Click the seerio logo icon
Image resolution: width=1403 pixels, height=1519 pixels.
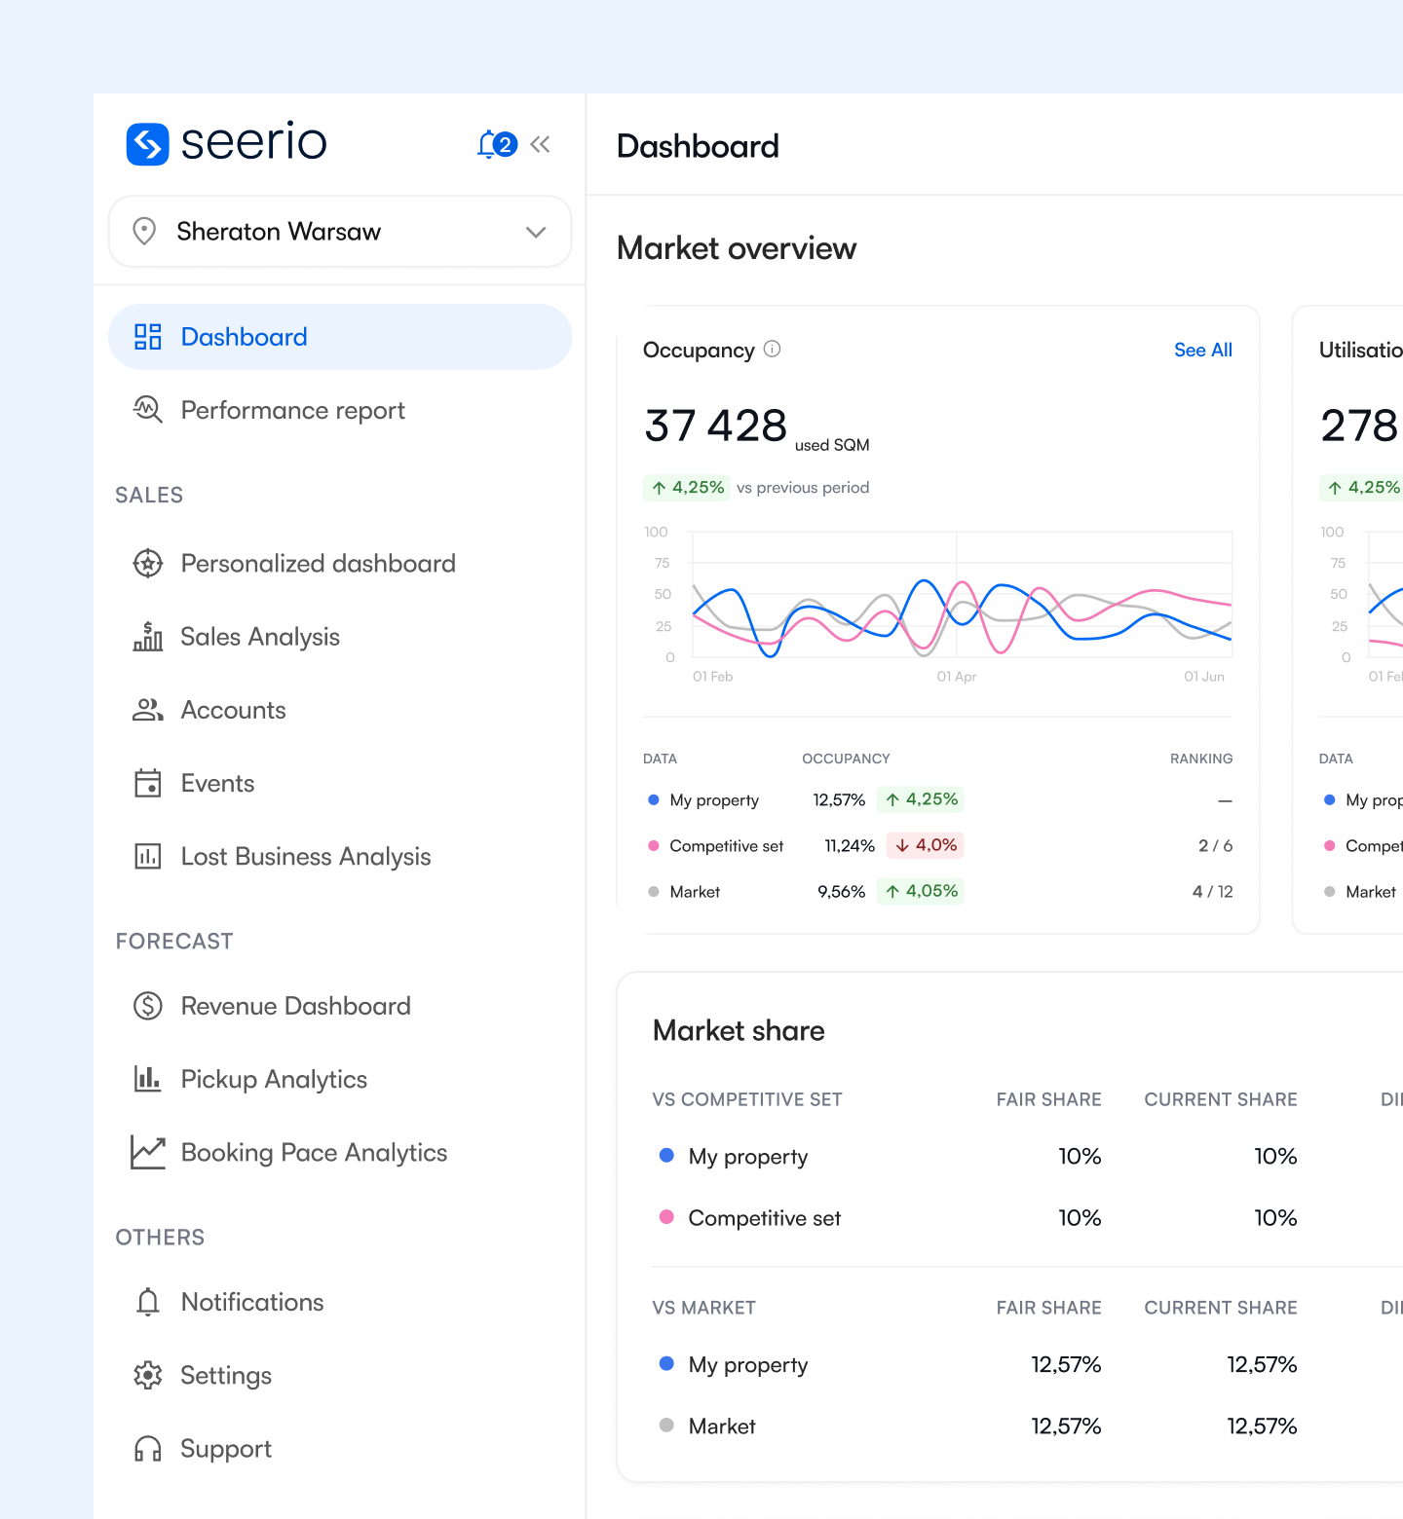coord(148,144)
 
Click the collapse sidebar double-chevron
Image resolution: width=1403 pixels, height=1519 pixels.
coord(541,145)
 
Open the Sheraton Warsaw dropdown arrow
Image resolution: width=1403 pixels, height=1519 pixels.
coord(536,232)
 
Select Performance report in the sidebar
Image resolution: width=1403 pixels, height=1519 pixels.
coord(292,410)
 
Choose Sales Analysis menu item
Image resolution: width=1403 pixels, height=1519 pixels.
coord(260,637)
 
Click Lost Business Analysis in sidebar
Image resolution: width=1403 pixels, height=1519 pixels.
coord(306,857)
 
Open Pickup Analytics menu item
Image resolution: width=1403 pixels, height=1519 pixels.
coord(274,1079)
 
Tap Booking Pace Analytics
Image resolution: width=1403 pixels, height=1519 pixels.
coord(314,1153)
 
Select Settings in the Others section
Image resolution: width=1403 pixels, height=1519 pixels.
coord(226,1376)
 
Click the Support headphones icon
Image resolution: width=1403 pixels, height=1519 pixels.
coord(148,1449)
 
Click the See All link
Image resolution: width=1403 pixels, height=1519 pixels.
coord(1202,350)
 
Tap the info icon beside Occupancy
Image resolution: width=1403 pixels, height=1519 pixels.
coord(773,349)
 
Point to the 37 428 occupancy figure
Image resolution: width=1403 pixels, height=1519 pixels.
coord(716,426)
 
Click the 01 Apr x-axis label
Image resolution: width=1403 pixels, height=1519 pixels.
coord(956,677)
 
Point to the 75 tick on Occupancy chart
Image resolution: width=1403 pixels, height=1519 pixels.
coord(663,563)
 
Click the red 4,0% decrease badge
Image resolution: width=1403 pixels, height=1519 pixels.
coord(926,845)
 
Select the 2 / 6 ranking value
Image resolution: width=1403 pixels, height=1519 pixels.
coord(1215,846)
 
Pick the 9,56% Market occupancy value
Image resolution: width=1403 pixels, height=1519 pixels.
coord(841,892)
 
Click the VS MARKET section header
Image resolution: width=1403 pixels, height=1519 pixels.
coord(703,1308)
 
